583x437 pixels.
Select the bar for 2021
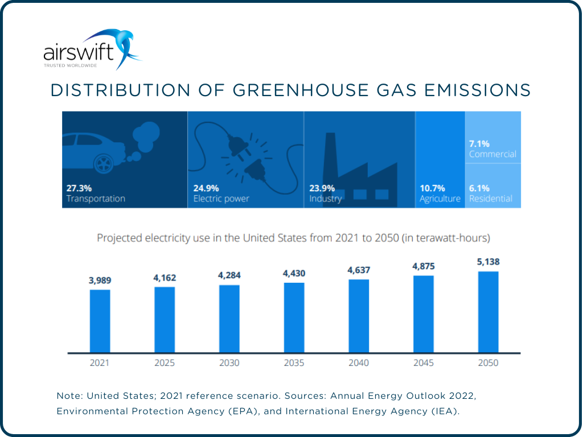pos(100,320)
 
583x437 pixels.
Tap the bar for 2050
pos(488,311)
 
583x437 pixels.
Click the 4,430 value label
pos(294,274)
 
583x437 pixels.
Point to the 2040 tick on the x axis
pos(359,363)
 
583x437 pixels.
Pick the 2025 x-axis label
pos(165,363)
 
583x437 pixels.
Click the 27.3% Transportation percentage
pos(79,188)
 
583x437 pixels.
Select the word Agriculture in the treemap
pos(440,199)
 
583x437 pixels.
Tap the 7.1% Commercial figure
pos(479,143)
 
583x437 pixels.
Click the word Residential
pos(490,199)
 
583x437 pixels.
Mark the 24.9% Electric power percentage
pos(206,188)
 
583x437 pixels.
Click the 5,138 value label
pos(488,262)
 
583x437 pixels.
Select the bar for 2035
pos(294,317)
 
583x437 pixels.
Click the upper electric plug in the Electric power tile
pos(237,147)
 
